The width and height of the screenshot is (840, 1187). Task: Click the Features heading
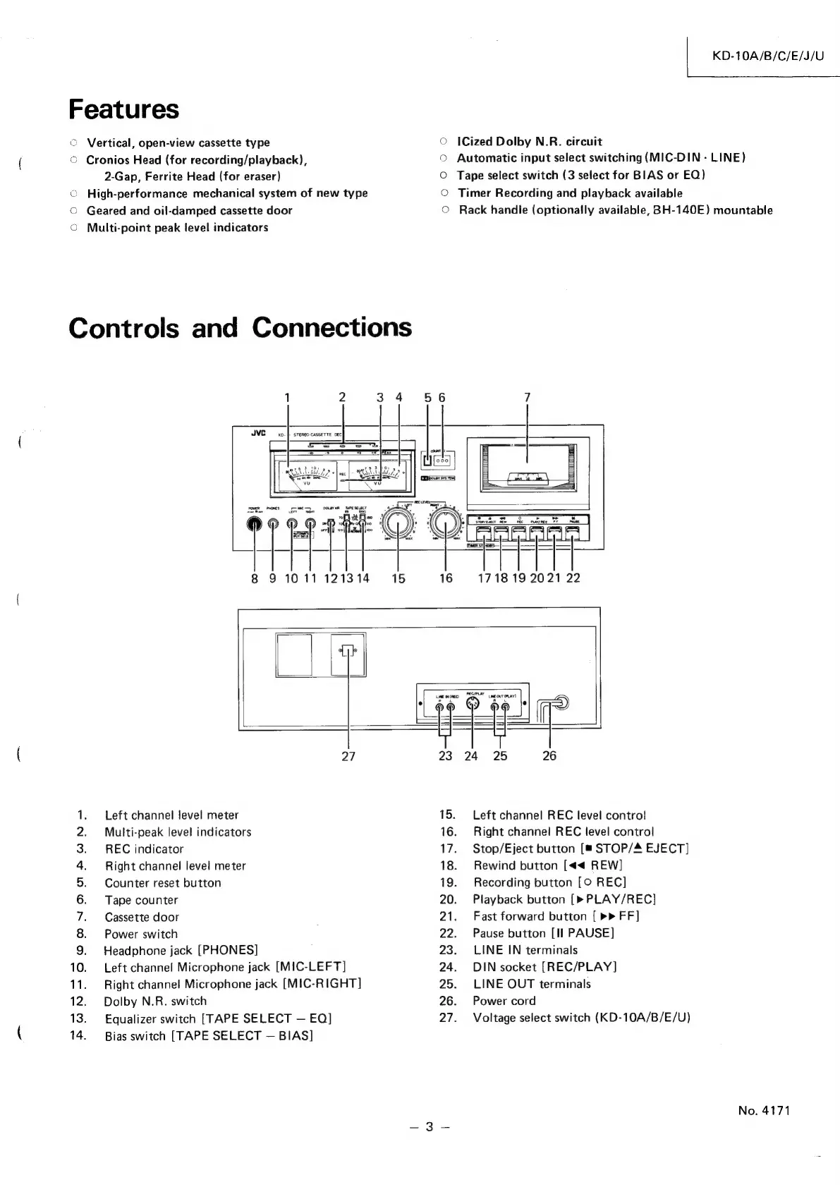pyautogui.click(x=123, y=109)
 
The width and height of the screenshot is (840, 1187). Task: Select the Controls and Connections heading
pyautogui.click(x=240, y=328)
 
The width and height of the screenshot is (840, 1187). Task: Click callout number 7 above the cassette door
pyautogui.click(x=528, y=397)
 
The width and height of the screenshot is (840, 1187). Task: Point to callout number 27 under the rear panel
pyautogui.click(x=348, y=756)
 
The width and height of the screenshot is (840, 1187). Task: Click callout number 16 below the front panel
pyautogui.click(x=446, y=578)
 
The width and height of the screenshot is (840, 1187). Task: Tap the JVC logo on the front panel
pyautogui.click(x=258, y=434)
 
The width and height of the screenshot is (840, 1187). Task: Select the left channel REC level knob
pyautogui.click(x=399, y=524)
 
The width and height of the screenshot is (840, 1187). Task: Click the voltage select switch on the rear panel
pyautogui.click(x=347, y=651)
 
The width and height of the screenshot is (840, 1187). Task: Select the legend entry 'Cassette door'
pyautogui.click(x=142, y=917)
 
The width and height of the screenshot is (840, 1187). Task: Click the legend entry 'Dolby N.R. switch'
pyautogui.click(x=155, y=1002)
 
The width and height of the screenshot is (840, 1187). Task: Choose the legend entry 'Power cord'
pyautogui.click(x=504, y=1001)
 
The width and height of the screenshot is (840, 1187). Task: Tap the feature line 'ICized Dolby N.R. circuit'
pyautogui.click(x=529, y=142)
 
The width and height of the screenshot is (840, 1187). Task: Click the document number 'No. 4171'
pyautogui.click(x=764, y=1111)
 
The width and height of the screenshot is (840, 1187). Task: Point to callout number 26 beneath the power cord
pyautogui.click(x=549, y=756)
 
